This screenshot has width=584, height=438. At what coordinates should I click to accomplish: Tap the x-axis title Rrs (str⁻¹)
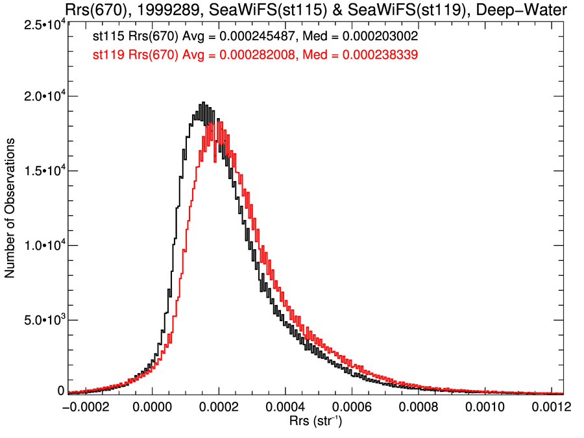click(x=315, y=422)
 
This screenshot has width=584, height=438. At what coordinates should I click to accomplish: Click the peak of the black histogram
click(x=203, y=103)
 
